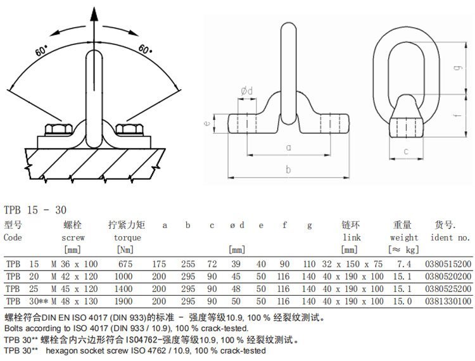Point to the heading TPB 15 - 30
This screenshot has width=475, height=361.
pos(35,210)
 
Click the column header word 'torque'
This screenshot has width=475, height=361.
pos(127,237)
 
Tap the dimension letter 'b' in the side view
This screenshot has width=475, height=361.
pos(288,169)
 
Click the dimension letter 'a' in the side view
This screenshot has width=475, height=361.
pos(288,147)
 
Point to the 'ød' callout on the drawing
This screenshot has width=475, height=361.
pos(247,91)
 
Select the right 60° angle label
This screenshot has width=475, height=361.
pos(144,49)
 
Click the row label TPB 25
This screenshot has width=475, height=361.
pos(22,287)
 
